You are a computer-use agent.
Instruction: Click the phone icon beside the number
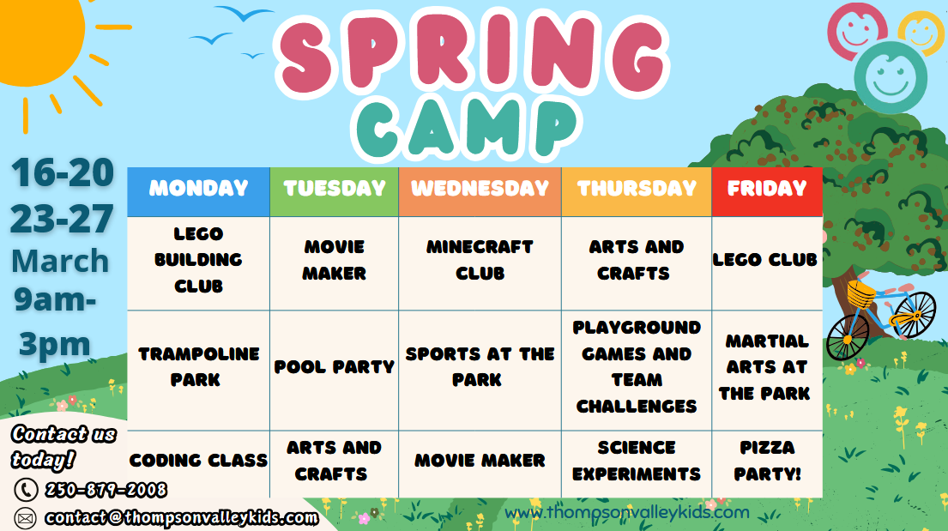click(26, 490)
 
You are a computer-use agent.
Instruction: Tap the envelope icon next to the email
click(25, 518)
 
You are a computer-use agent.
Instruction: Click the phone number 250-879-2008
click(106, 490)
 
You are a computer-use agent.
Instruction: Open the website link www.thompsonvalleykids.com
click(627, 513)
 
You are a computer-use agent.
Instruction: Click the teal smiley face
click(891, 78)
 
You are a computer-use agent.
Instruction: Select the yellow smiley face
click(921, 31)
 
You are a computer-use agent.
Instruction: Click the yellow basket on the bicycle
click(861, 294)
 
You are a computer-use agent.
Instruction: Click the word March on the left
click(60, 262)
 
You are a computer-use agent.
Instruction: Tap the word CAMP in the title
click(466, 128)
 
